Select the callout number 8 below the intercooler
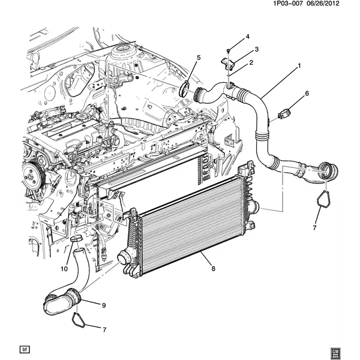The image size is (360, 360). pyautogui.click(x=213, y=269)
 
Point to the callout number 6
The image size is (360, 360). pyautogui.click(x=307, y=94)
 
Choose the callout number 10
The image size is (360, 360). pyautogui.click(x=64, y=268)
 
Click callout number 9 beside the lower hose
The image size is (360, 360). pyautogui.click(x=103, y=305)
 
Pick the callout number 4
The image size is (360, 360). pyautogui.click(x=247, y=38)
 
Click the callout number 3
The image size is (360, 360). pyautogui.click(x=256, y=49)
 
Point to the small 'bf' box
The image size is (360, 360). pyautogui.click(x=25, y=349)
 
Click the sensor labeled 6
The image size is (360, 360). pyautogui.click(x=284, y=112)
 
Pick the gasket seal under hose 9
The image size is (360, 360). pyautogui.click(x=79, y=318)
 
